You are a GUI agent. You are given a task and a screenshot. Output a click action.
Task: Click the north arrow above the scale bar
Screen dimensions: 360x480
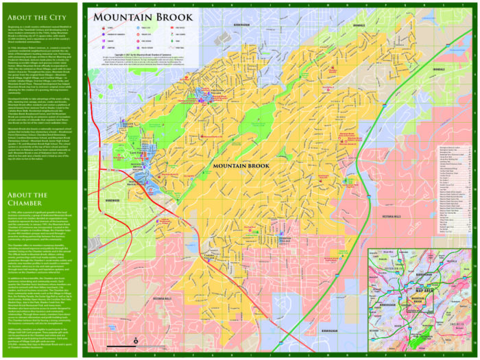(x=136, y=340)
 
